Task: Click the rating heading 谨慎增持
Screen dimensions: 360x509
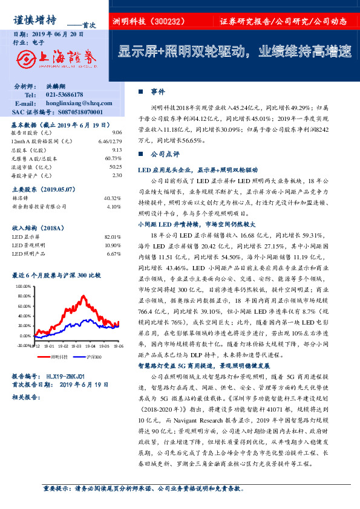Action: (x=36, y=19)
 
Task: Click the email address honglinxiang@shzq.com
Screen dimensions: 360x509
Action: (x=75, y=104)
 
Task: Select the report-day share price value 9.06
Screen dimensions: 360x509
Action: (x=117, y=132)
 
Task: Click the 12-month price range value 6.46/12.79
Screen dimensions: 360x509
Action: (x=110, y=141)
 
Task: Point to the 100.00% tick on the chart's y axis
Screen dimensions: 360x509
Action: (x=22, y=286)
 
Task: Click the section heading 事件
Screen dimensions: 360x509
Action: (x=158, y=91)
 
